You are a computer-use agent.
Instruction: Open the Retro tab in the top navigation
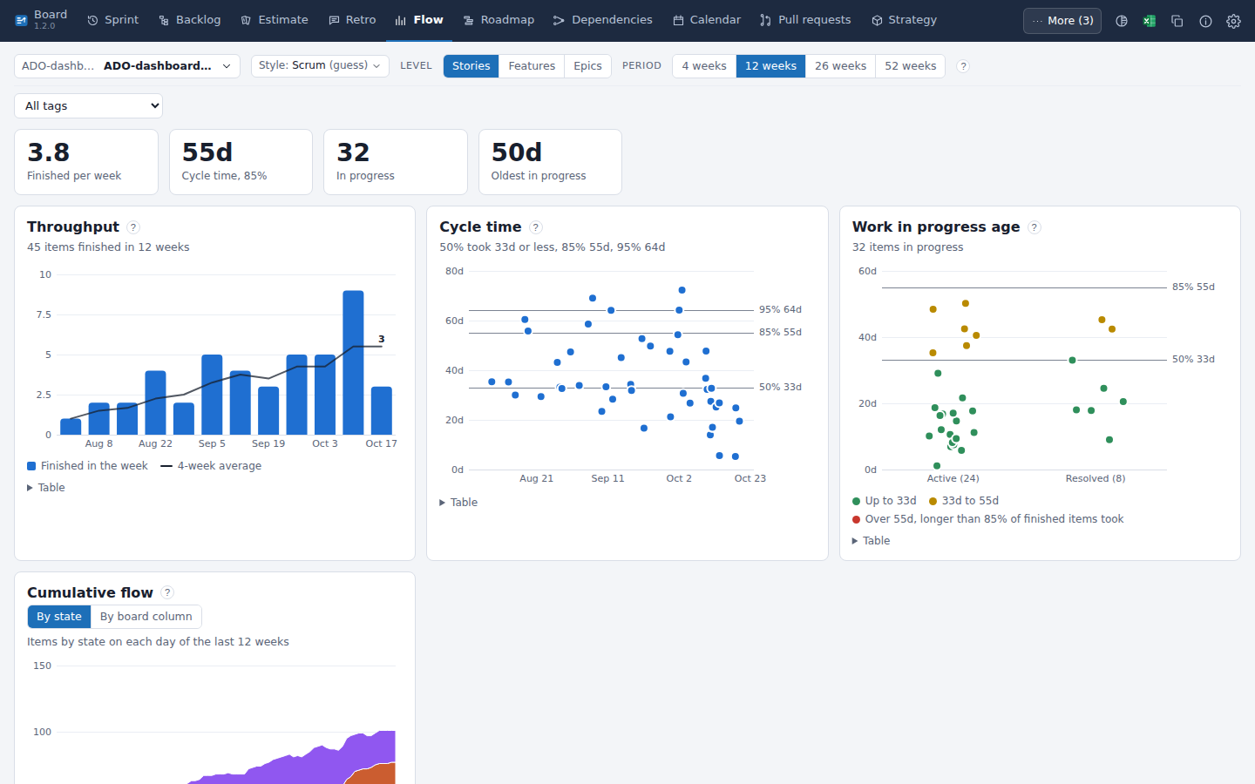[352, 20]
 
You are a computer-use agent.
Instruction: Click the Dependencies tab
[603, 20]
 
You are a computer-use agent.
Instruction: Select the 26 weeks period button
[840, 66]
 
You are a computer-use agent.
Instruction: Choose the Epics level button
[587, 66]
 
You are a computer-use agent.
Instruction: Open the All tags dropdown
[89, 106]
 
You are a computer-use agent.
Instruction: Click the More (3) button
[1062, 21]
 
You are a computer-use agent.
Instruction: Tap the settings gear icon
[1233, 21]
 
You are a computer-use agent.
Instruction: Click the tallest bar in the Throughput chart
[353, 362]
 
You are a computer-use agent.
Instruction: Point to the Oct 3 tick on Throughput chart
[325, 443]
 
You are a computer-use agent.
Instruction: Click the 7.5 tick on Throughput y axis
[44, 314]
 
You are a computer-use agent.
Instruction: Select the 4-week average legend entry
[211, 466]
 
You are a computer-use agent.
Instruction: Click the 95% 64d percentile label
[780, 310]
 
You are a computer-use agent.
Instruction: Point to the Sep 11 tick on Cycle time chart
[607, 478]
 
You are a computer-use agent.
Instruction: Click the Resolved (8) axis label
[1096, 478]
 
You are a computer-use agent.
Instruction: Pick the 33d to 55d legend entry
[964, 501]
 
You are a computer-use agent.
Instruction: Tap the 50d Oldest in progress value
[517, 152]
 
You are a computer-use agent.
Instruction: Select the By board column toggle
[146, 617]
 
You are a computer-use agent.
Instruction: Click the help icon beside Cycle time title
[536, 227]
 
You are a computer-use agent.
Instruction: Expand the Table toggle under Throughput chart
[46, 488]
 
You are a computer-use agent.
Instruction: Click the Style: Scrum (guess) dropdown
[320, 66]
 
